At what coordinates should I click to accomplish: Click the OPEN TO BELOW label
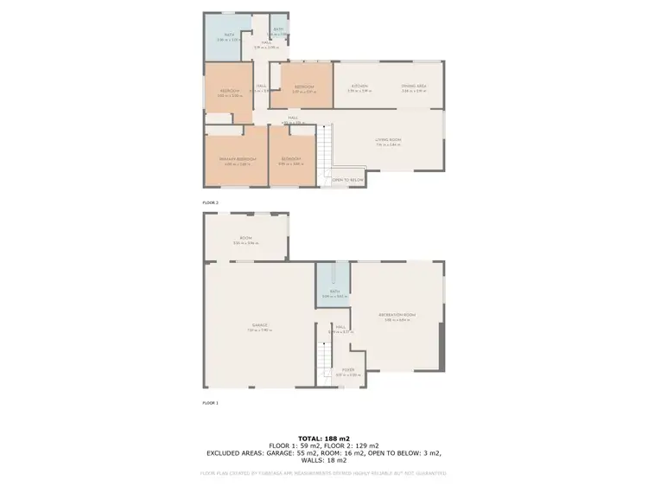pyautogui.click(x=348, y=180)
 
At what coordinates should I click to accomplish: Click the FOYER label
pyautogui.click(x=348, y=371)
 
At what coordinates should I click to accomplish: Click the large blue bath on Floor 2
pyautogui.click(x=227, y=39)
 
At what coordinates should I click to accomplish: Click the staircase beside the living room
pyautogui.click(x=325, y=151)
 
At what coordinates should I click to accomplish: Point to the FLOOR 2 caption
pyautogui.click(x=211, y=202)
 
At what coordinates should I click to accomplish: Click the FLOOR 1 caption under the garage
pyautogui.click(x=211, y=403)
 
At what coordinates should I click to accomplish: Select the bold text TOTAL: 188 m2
pyautogui.click(x=324, y=439)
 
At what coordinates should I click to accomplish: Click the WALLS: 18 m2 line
pyautogui.click(x=324, y=459)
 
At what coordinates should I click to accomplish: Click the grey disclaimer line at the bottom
pyautogui.click(x=324, y=473)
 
